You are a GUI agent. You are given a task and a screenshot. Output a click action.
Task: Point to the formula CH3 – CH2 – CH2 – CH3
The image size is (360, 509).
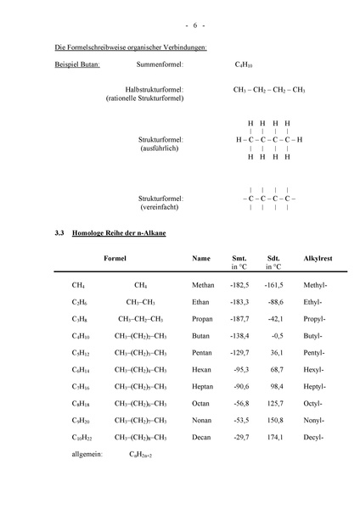point(269,89)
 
